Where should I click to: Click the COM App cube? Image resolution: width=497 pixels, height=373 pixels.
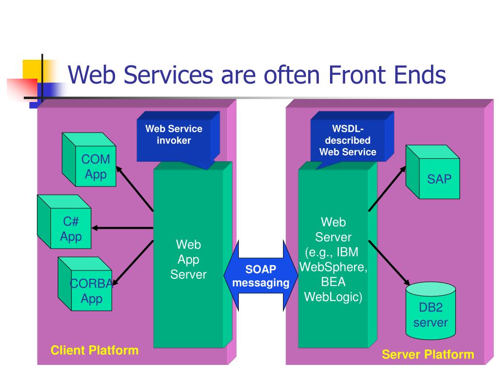(x=89, y=159)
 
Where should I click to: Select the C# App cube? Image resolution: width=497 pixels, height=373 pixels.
(x=65, y=221)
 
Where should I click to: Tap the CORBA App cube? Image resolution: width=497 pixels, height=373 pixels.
(x=85, y=284)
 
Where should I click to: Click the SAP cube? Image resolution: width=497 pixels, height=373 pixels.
(x=433, y=172)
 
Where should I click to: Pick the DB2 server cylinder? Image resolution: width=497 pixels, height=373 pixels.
(x=431, y=311)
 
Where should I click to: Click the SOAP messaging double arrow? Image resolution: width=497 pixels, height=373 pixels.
(x=261, y=276)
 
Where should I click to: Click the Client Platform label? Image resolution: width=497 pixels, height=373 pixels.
(x=95, y=350)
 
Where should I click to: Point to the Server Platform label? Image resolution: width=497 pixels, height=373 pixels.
(x=428, y=354)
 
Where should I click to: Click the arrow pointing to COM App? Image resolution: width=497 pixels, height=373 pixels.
(x=135, y=189)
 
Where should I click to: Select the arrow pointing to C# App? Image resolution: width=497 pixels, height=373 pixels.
(x=123, y=228)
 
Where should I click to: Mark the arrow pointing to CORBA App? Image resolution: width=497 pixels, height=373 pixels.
(x=133, y=263)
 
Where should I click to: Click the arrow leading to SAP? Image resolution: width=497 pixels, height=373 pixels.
(x=387, y=188)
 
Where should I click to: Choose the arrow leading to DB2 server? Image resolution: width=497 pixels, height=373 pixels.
(x=389, y=263)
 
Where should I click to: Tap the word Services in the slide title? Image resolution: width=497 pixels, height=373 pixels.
(x=168, y=75)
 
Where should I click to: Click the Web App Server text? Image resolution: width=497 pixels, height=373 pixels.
(x=188, y=259)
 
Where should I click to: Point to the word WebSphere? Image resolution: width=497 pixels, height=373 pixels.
(x=333, y=267)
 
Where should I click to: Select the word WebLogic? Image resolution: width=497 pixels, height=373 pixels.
(x=333, y=297)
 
